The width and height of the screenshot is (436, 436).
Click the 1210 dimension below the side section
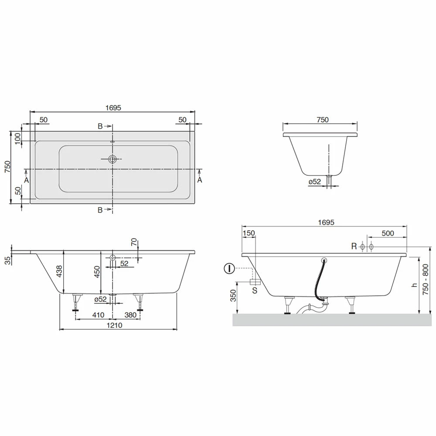click(114, 325)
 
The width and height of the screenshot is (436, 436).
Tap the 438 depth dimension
click(59, 271)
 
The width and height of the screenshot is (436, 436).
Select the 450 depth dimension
click(97, 272)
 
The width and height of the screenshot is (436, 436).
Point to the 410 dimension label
click(98, 315)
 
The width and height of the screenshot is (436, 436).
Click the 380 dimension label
click(130, 315)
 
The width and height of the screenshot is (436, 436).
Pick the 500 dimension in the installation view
click(388, 233)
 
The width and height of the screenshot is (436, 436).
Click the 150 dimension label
click(249, 233)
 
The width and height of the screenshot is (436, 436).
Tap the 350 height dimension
click(233, 296)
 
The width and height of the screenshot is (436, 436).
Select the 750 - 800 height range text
click(426, 279)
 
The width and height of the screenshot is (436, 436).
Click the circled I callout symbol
click(229, 269)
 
